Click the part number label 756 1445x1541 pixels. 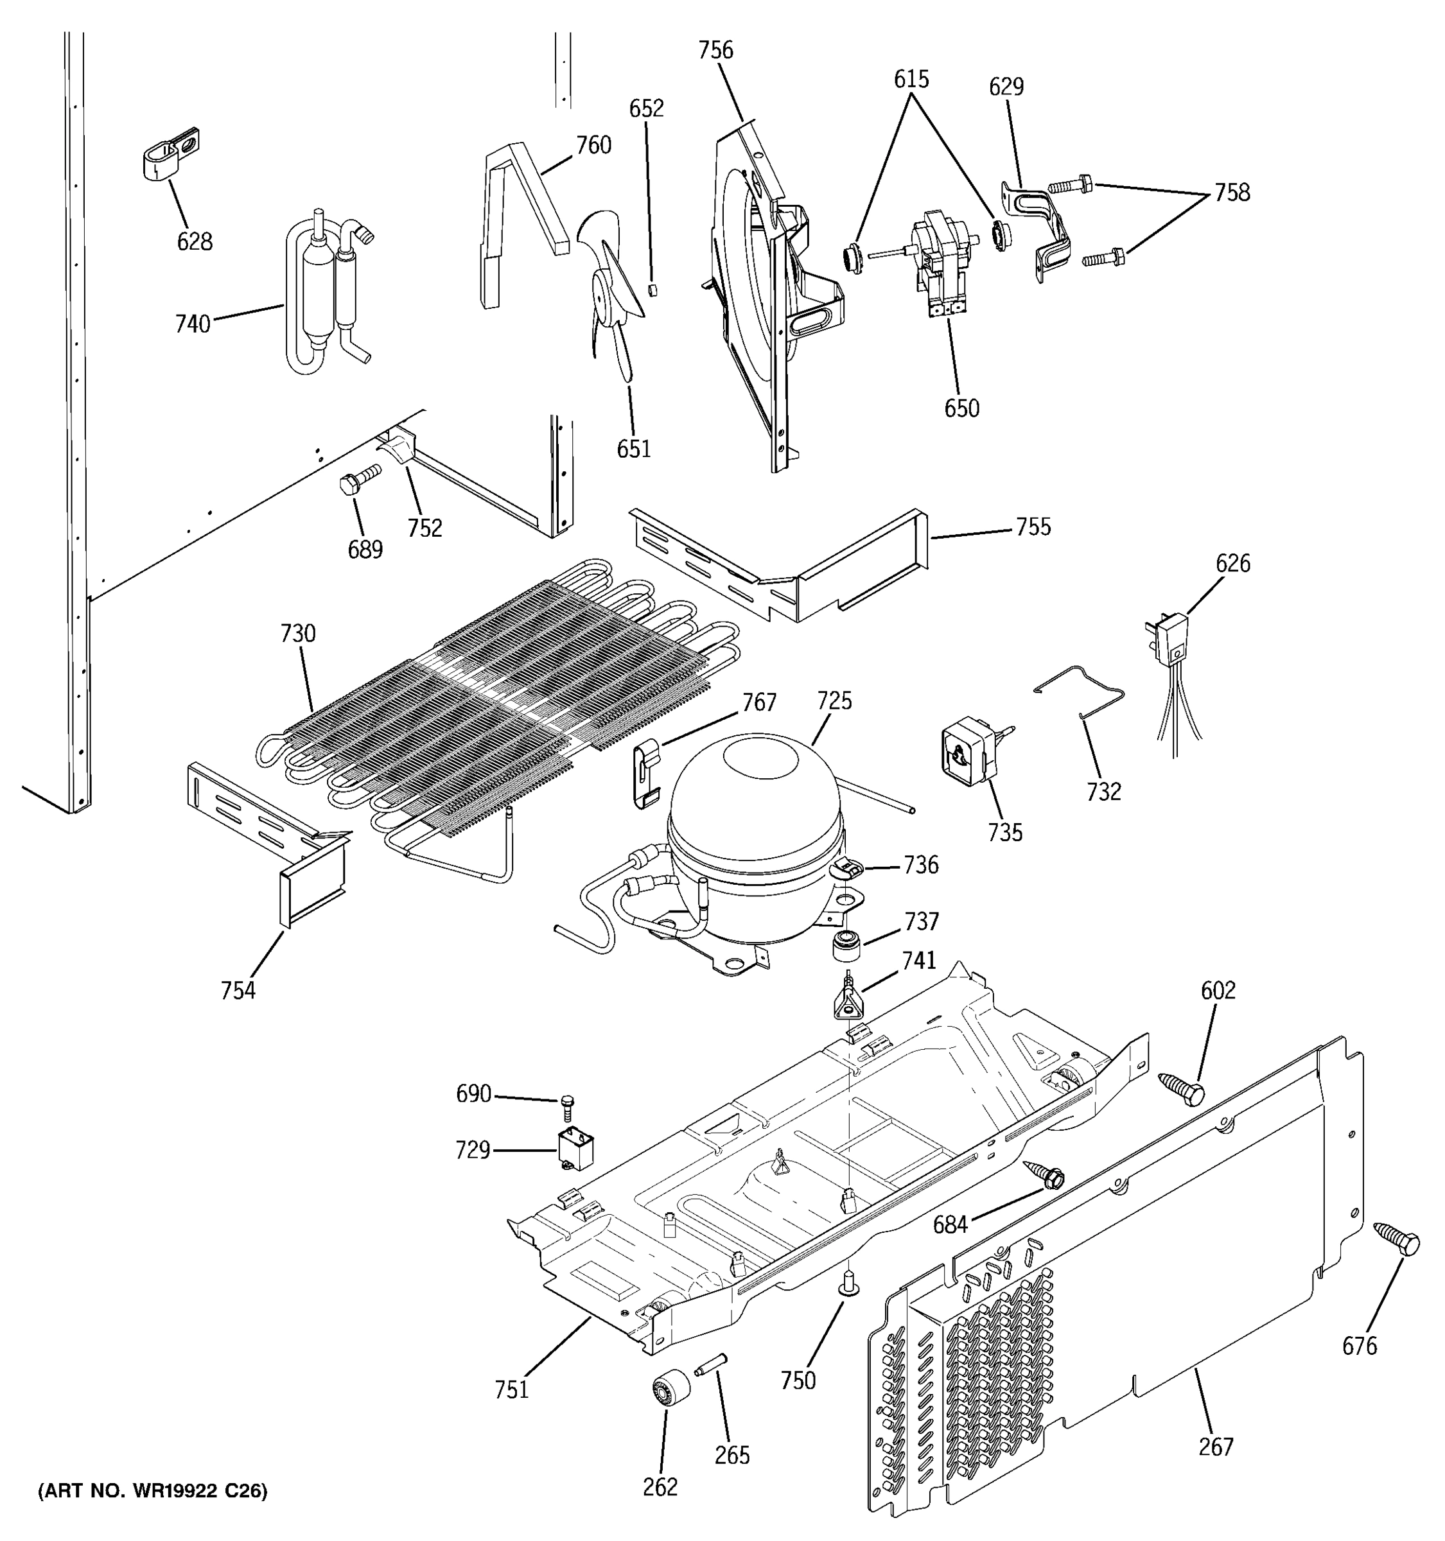pyautogui.click(x=715, y=50)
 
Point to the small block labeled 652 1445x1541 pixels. pyautogui.click(x=652, y=289)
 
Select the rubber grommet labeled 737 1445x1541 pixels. pyautogui.click(x=846, y=946)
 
